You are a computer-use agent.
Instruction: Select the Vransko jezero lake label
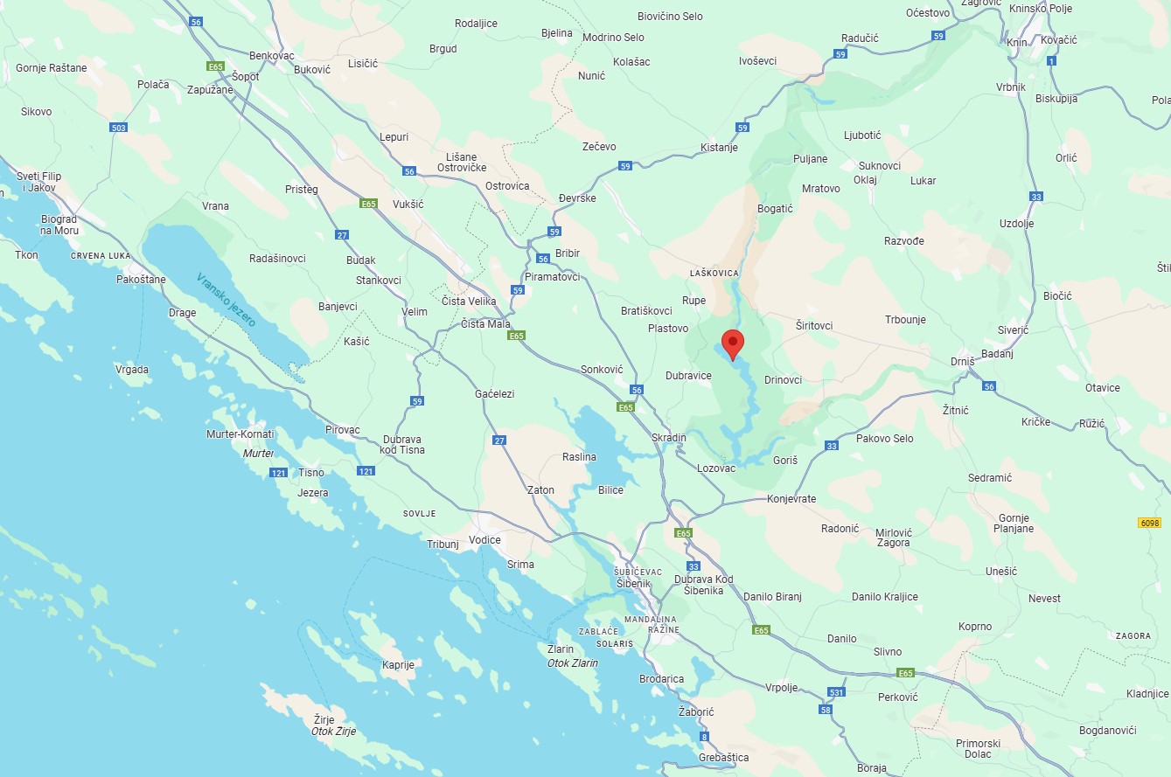pos(226,300)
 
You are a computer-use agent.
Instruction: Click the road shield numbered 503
pos(119,128)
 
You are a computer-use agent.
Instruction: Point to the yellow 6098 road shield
pos(1149,523)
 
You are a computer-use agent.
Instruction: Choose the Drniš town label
pos(962,362)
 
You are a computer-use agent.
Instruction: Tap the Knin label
pos(1017,42)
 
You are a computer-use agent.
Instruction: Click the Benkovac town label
pos(272,55)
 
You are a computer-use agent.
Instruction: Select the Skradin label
pos(669,437)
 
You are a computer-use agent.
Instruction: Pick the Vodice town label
pos(484,539)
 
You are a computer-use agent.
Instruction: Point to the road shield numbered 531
pos(837,692)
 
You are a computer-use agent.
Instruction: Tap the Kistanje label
pos(719,148)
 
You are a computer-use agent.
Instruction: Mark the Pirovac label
pos(342,430)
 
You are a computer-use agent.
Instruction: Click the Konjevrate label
pos(791,499)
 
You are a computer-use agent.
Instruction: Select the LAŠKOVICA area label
pos(714,274)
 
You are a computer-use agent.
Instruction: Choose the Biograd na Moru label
pos(59,225)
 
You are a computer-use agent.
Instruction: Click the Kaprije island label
pos(398,664)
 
